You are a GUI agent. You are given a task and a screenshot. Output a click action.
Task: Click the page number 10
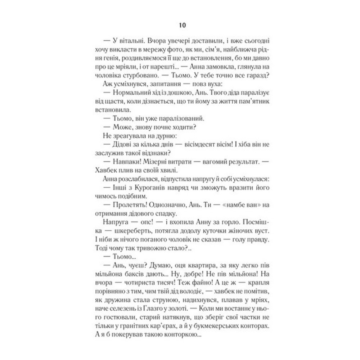tap(181, 26)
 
